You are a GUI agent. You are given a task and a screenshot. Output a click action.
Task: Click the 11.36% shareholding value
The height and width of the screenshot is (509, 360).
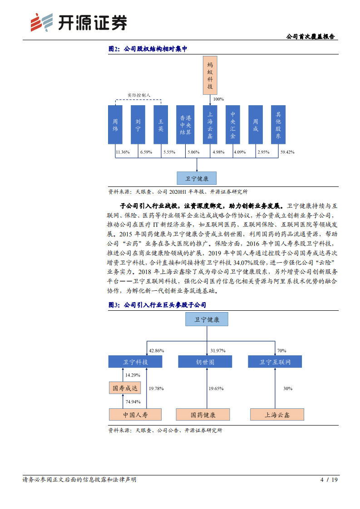pyautogui.click(x=123, y=152)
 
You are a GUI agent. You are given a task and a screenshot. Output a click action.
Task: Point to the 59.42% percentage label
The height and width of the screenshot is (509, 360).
pyautogui.click(x=288, y=152)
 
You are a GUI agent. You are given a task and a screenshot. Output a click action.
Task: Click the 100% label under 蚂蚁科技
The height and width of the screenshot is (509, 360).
pyautogui.click(x=218, y=99)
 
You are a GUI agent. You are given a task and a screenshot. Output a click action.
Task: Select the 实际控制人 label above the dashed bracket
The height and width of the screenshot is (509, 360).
pyautogui.click(x=138, y=95)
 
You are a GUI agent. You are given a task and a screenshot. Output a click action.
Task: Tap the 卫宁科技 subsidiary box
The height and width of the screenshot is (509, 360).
pyautogui.click(x=135, y=362)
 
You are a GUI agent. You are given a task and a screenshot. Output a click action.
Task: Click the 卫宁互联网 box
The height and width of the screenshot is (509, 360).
pyautogui.click(x=275, y=362)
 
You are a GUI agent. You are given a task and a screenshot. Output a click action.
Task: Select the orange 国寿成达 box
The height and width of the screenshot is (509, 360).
pyautogui.click(x=125, y=388)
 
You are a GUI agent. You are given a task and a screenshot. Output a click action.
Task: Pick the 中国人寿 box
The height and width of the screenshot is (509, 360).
pyautogui.click(x=135, y=414)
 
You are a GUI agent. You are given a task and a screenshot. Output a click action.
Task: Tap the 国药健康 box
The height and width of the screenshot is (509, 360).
pyautogui.click(x=203, y=414)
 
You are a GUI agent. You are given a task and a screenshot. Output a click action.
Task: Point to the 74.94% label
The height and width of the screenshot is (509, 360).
pyautogui.click(x=133, y=401)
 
